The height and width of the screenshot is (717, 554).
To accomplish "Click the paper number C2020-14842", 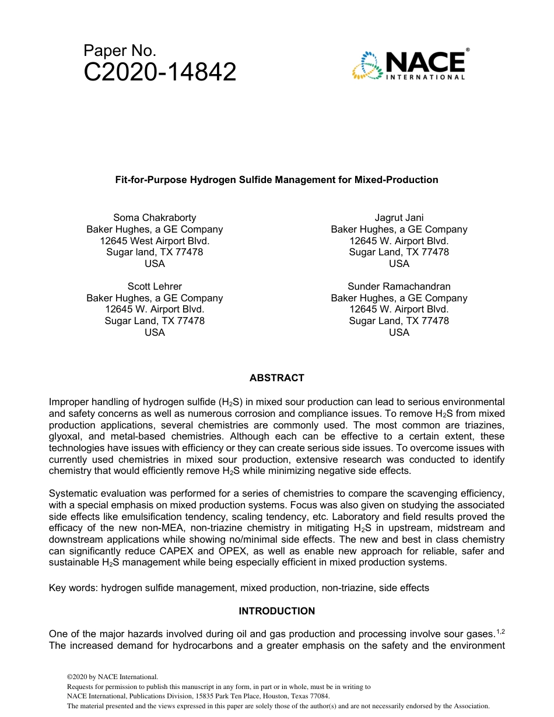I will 160,72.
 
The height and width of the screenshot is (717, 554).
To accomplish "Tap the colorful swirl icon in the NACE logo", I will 366,65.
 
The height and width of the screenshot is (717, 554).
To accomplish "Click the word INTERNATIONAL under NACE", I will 425,77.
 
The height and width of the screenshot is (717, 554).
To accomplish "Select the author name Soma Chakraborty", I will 155,218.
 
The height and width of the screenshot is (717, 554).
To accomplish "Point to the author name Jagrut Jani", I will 399,218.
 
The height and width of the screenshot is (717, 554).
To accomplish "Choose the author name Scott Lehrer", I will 155,286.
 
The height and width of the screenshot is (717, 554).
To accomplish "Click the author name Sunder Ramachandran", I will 399,286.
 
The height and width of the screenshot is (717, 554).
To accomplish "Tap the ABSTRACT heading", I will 276,378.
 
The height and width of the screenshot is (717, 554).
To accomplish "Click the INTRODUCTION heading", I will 276,611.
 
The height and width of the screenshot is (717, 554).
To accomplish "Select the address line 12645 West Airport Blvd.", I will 155,241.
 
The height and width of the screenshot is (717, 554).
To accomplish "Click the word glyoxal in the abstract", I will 65,437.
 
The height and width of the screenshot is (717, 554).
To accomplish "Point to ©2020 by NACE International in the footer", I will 113,677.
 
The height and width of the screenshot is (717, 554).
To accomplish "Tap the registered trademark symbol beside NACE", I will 468,51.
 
